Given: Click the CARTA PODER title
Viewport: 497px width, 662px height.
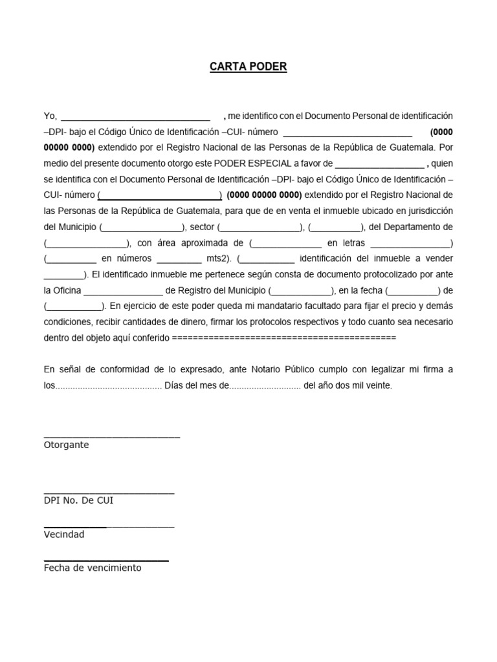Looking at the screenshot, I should click(x=248, y=67).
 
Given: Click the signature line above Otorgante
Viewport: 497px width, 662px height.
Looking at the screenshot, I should click(x=112, y=438).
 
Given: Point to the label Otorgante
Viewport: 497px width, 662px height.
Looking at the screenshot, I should click(x=67, y=445).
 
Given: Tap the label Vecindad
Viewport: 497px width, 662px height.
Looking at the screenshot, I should click(x=64, y=534).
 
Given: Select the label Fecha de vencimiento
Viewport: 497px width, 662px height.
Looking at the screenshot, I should click(x=93, y=568).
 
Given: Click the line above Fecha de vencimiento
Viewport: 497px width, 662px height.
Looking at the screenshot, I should click(x=106, y=560).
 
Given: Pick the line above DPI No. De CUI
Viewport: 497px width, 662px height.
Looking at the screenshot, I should click(x=109, y=493).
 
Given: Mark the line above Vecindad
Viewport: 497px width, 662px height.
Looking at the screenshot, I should click(x=109, y=527).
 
